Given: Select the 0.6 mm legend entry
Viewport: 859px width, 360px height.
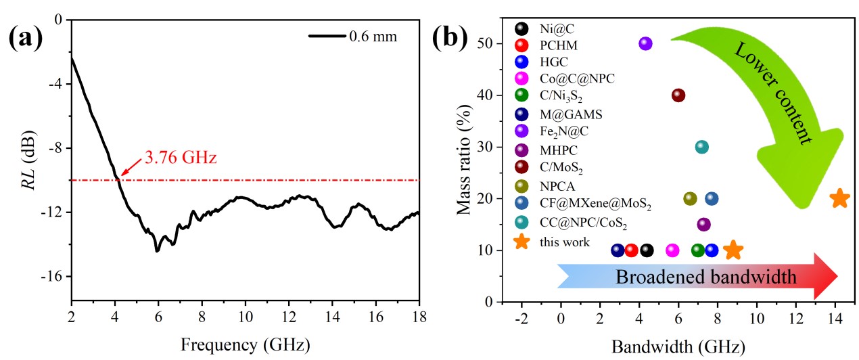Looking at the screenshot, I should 373,37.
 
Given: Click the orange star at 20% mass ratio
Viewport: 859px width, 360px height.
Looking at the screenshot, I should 839,198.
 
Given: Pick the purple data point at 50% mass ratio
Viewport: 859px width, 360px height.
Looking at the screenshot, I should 645,43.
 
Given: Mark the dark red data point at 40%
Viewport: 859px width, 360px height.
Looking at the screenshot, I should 678,95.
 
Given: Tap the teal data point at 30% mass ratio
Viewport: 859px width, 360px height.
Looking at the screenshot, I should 702,147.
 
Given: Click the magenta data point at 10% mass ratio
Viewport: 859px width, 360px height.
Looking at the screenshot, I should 672,250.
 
